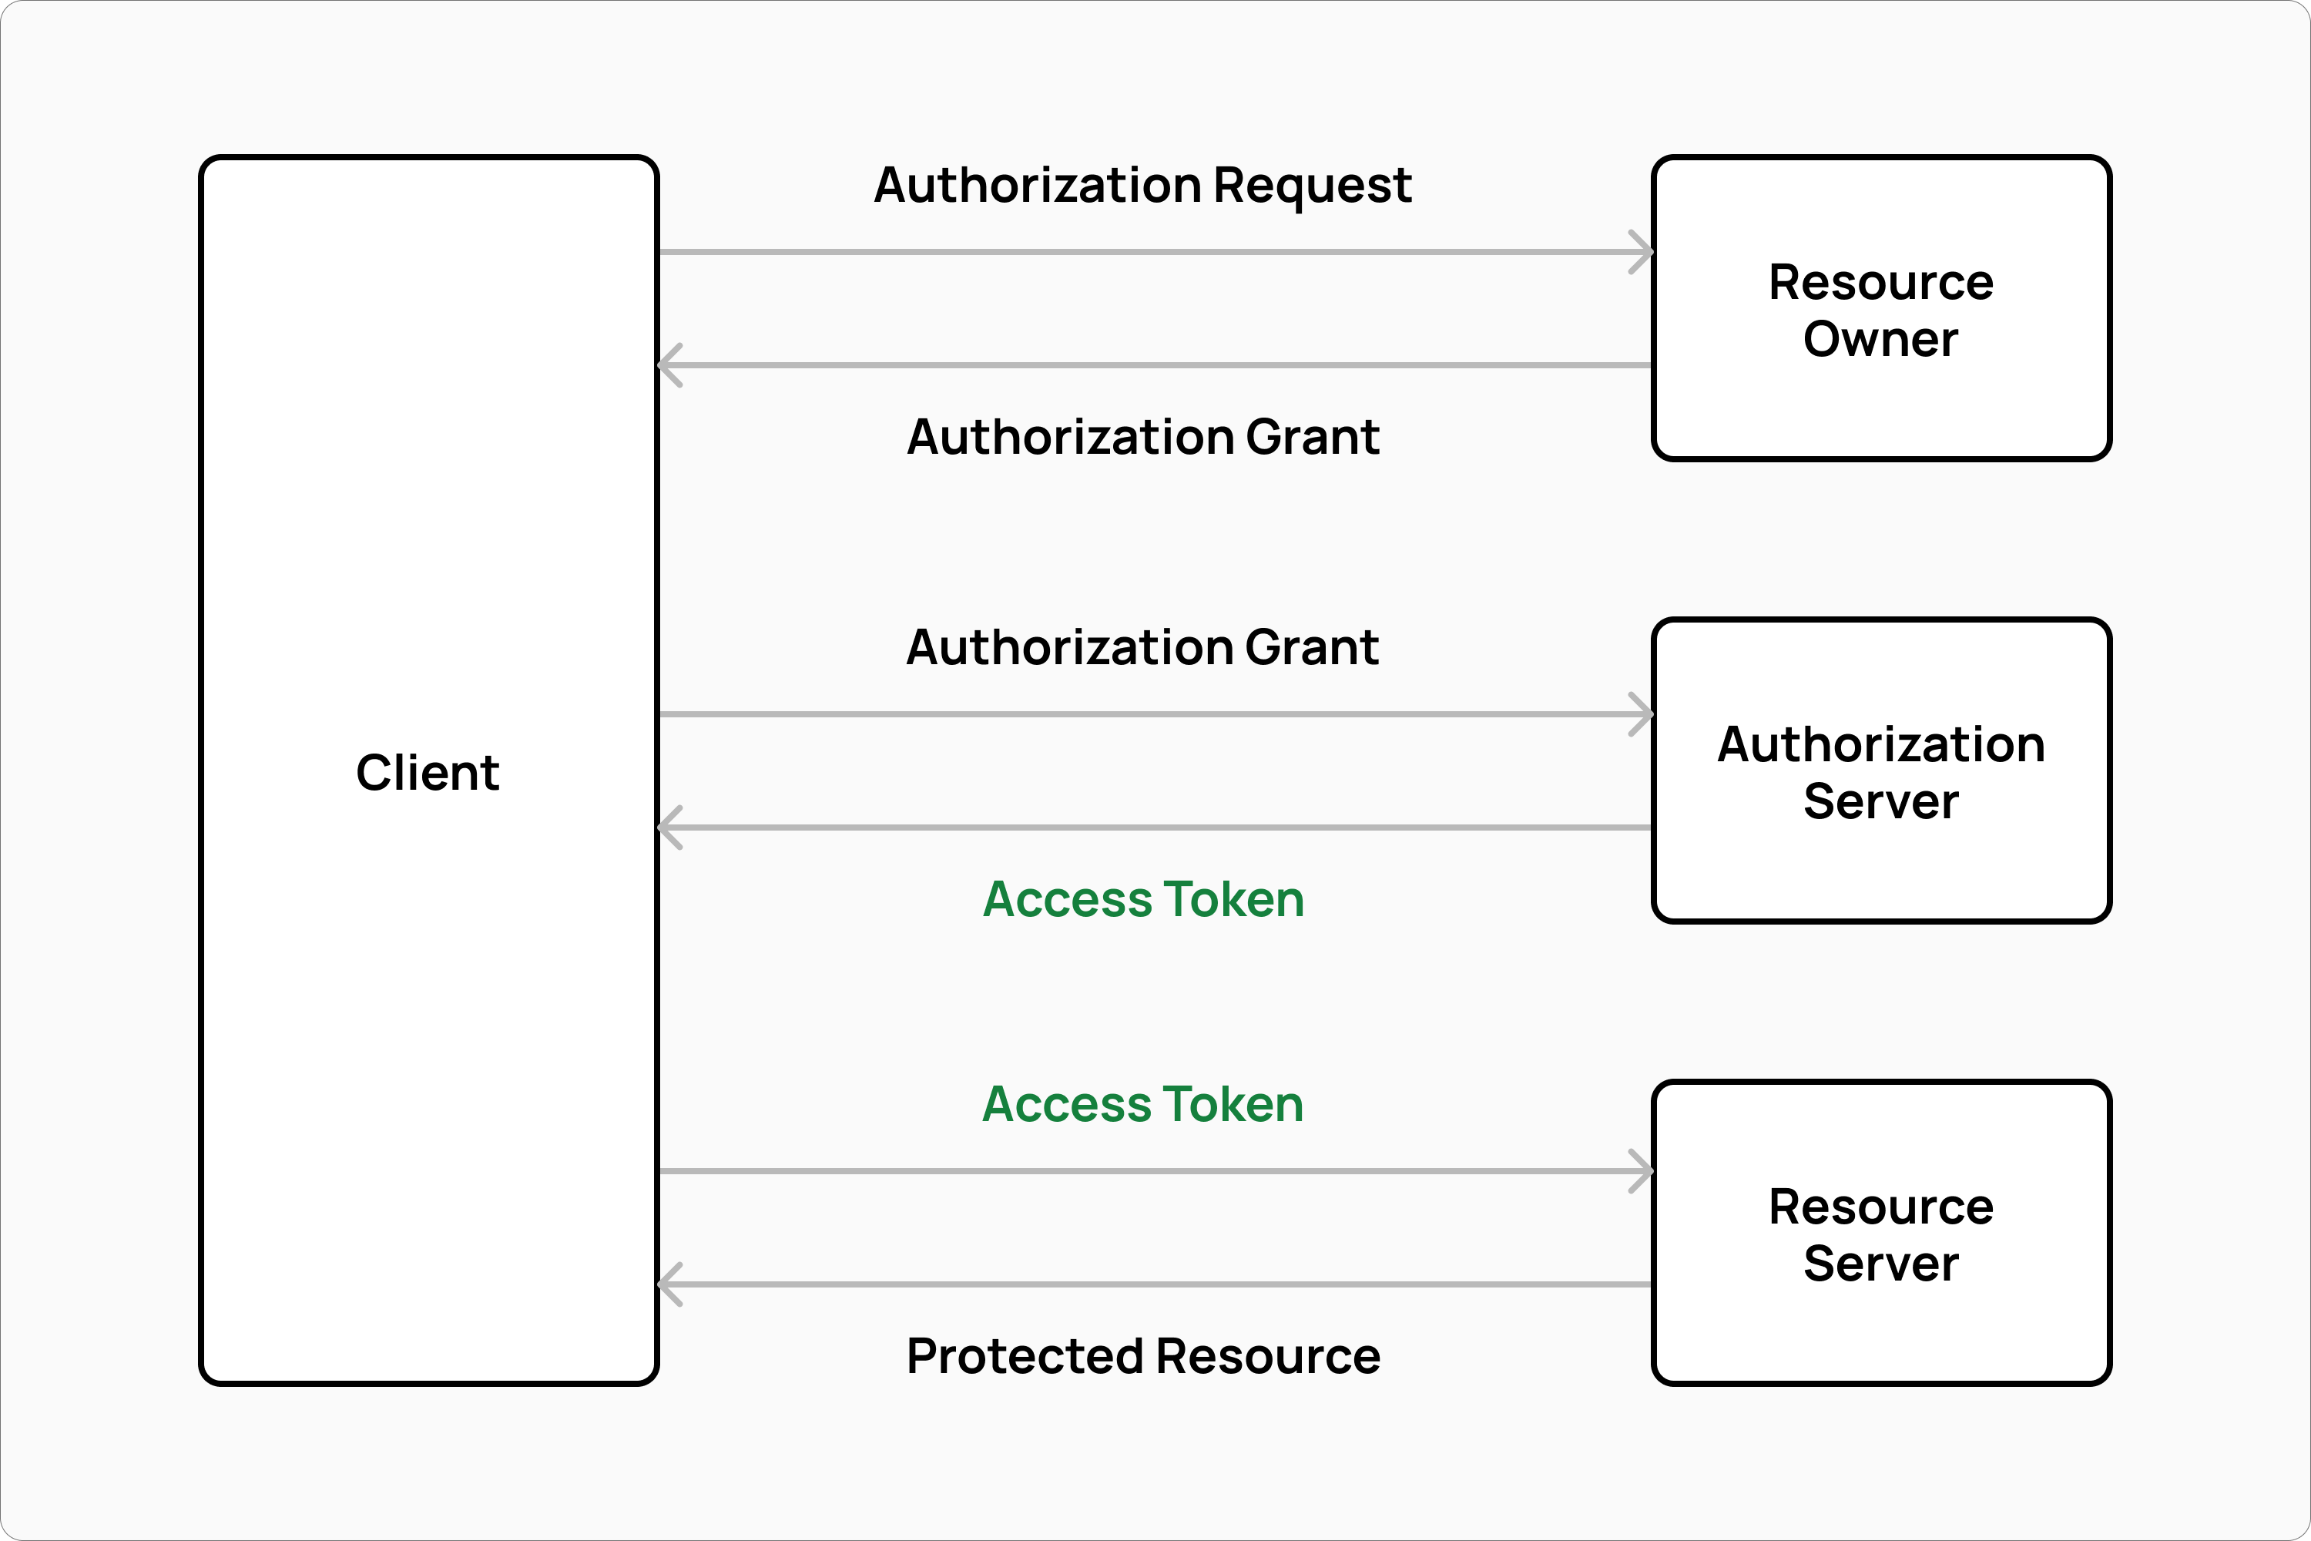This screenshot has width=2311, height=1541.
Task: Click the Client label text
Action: pyautogui.click(x=428, y=773)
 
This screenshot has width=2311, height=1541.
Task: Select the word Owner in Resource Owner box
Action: pyautogui.click(x=1880, y=339)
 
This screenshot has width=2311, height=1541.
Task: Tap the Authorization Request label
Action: pyautogui.click(x=1142, y=185)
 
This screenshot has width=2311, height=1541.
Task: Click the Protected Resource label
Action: pyautogui.click(x=1142, y=1356)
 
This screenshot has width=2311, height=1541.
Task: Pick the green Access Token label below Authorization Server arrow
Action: pyautogui.click(x=1142, y=899)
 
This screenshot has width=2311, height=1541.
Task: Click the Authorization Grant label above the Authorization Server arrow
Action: pyautogui.click(x=1142, y=648)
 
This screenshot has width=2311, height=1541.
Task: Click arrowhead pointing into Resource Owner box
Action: pyautogui.click(x=1643, y=253)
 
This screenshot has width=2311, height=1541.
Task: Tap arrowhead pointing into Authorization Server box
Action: pyautogui.click(x=1643, y=714)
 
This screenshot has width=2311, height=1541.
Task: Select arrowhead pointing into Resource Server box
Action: pyautogui.click(x=1643, y=1171)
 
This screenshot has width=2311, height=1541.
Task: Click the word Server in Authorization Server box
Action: pyautogui.click(x=1880, y=801)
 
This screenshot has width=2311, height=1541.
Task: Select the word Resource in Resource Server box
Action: pyautogui.click(x=1880, y=1207)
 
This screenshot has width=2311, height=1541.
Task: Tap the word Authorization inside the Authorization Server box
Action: pyautogui.click(x=1880, y=744)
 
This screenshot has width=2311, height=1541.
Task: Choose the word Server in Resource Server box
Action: pyautogui.click(x=1880, y=1263)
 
